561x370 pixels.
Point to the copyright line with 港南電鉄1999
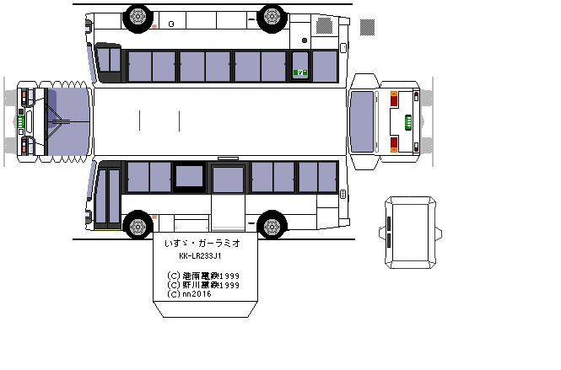coord(203,275)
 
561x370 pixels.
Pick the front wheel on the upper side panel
coord(137,16)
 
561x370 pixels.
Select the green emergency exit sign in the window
coord(299,72)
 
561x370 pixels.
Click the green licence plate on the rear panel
coord(409,122)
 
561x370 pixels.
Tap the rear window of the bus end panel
coord(363,122)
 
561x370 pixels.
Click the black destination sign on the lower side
coord(190,175)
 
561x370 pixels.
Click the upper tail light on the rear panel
coord(395,92)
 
